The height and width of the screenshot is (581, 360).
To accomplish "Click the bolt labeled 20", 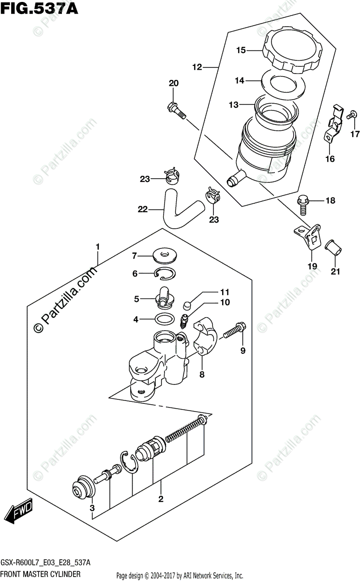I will click(x=177, y=109).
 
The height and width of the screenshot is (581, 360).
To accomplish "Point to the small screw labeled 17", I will click(x=352, y=114).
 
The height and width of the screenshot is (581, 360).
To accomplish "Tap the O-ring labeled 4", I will click(x=164, y=320).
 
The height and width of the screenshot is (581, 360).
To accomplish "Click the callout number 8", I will click(x=202, y=374).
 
